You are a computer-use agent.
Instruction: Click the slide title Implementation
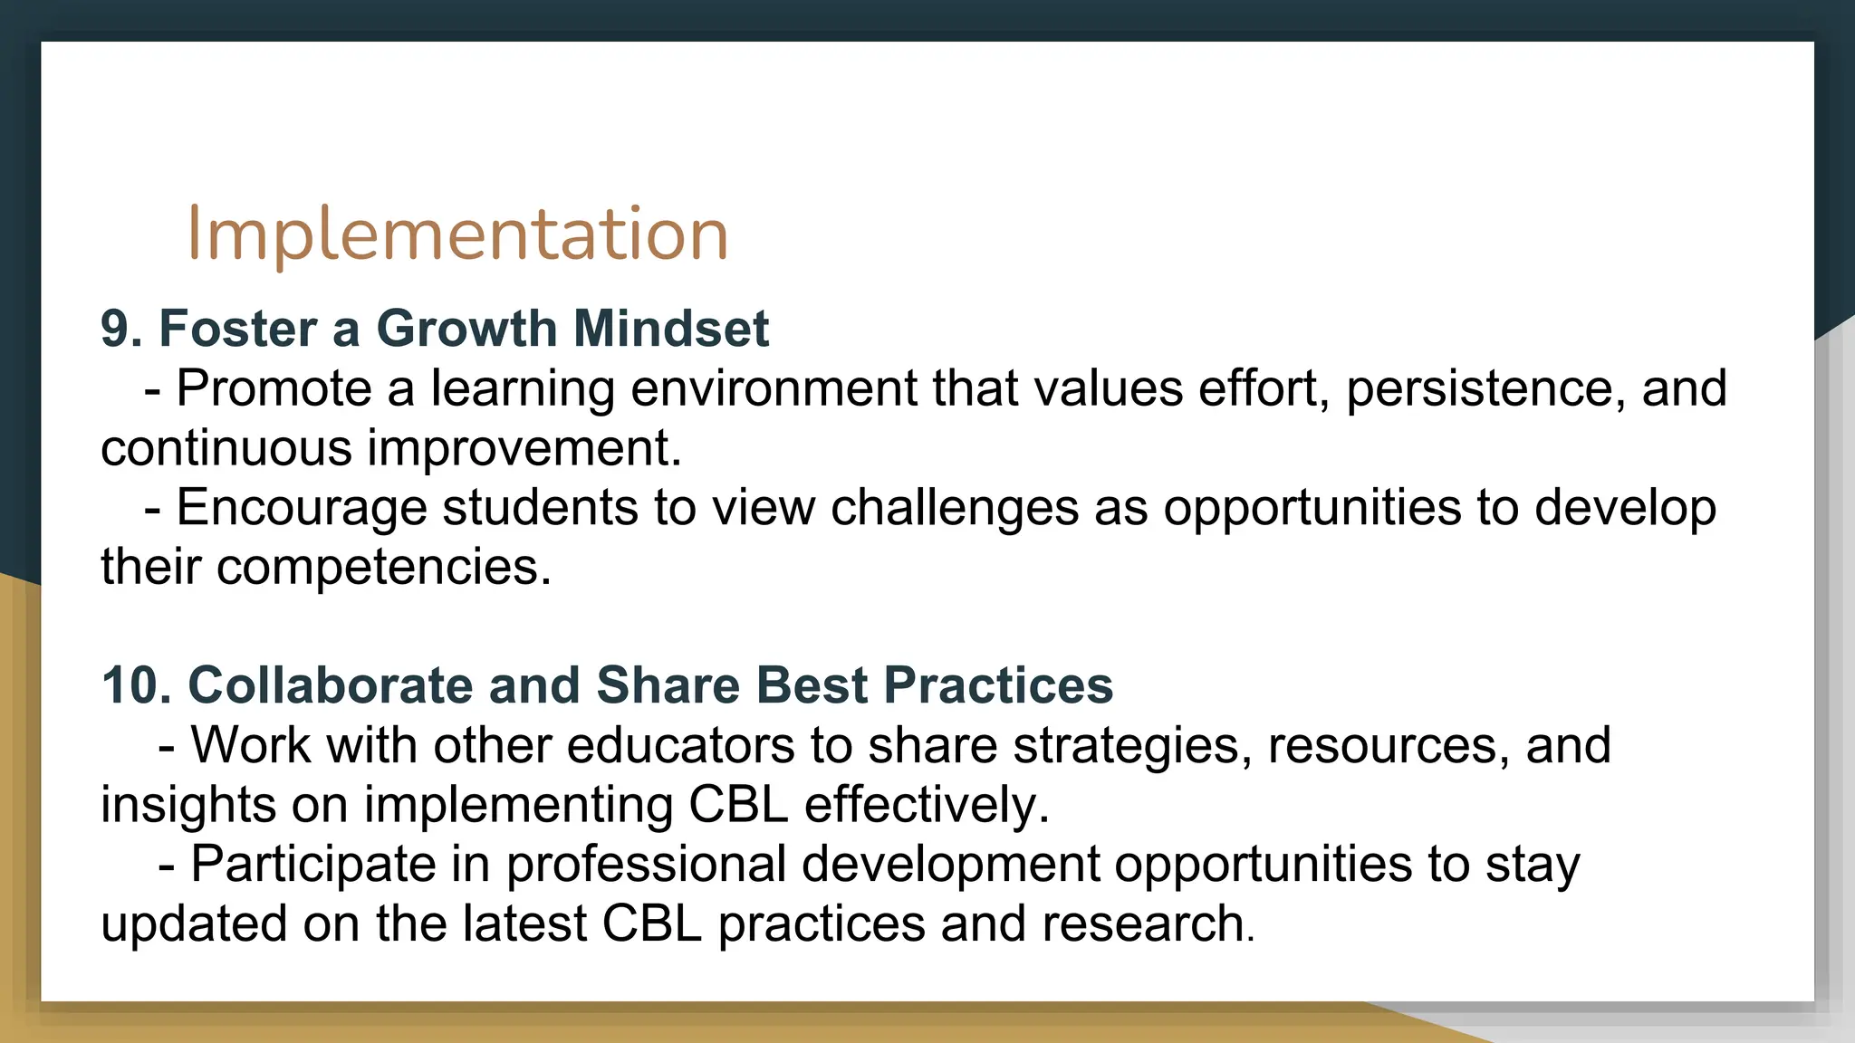(457, 234)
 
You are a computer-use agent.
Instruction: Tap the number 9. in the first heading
(121, 328)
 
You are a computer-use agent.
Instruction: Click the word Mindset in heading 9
(670, 328)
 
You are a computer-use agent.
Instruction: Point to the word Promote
(274, 388)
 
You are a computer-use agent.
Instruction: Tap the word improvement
(524, 448)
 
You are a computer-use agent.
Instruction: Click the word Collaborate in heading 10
(330, 684)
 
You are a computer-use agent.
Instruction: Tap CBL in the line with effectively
(738, 805)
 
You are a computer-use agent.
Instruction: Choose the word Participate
(313, 864)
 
